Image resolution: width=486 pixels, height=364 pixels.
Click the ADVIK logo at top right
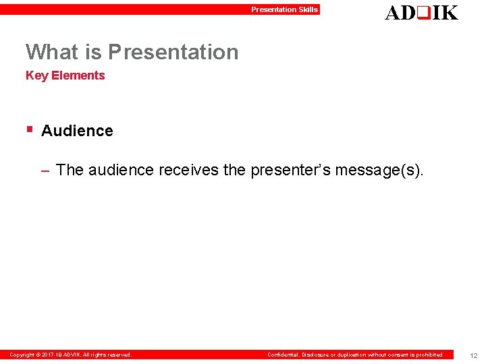click(421, 12)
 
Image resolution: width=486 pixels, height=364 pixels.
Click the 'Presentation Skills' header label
click(284, 9)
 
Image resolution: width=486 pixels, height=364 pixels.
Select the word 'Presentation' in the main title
click(173, 52)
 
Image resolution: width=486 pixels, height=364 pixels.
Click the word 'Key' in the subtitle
click(36, 75)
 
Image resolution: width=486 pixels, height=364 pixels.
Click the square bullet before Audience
click(29, 129)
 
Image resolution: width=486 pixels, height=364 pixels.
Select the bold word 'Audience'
click(77, 131)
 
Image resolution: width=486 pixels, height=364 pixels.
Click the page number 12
click(474, 355)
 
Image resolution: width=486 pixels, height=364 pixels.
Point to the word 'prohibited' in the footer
click(429, 355)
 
